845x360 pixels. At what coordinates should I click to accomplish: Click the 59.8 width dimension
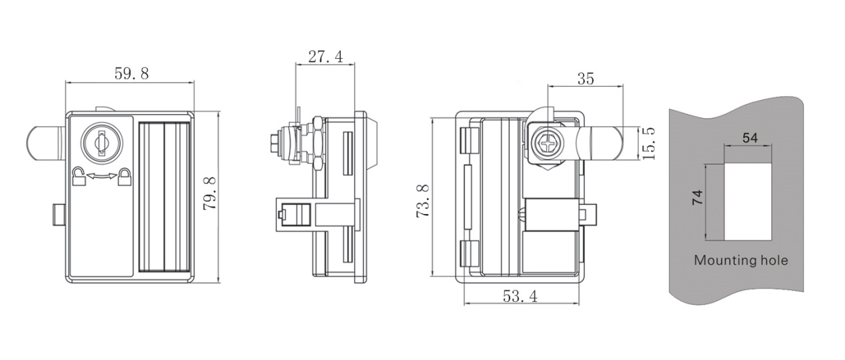coord(131,73)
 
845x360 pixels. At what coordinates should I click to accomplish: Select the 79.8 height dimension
coord(209,193)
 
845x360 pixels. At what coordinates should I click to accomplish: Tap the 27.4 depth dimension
coord(325,57)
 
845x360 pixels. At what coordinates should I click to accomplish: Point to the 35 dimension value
coord(586,79)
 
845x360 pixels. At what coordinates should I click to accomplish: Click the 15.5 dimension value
coord(648,143)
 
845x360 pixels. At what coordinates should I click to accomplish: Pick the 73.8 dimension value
coord(423,201)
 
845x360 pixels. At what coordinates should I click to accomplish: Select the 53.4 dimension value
coord(520,296)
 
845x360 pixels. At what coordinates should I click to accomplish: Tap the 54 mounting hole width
coord(750,138)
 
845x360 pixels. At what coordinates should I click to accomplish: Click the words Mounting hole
coord(741,261)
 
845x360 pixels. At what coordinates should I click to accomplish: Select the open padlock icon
coord(78,175)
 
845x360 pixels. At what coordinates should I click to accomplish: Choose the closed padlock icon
coord(125,177)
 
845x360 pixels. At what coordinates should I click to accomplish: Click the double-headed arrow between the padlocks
coord(102,175)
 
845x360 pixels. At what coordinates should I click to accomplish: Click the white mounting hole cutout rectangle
coord(748,202)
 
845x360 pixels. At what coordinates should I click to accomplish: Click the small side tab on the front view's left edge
coord(59,215)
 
